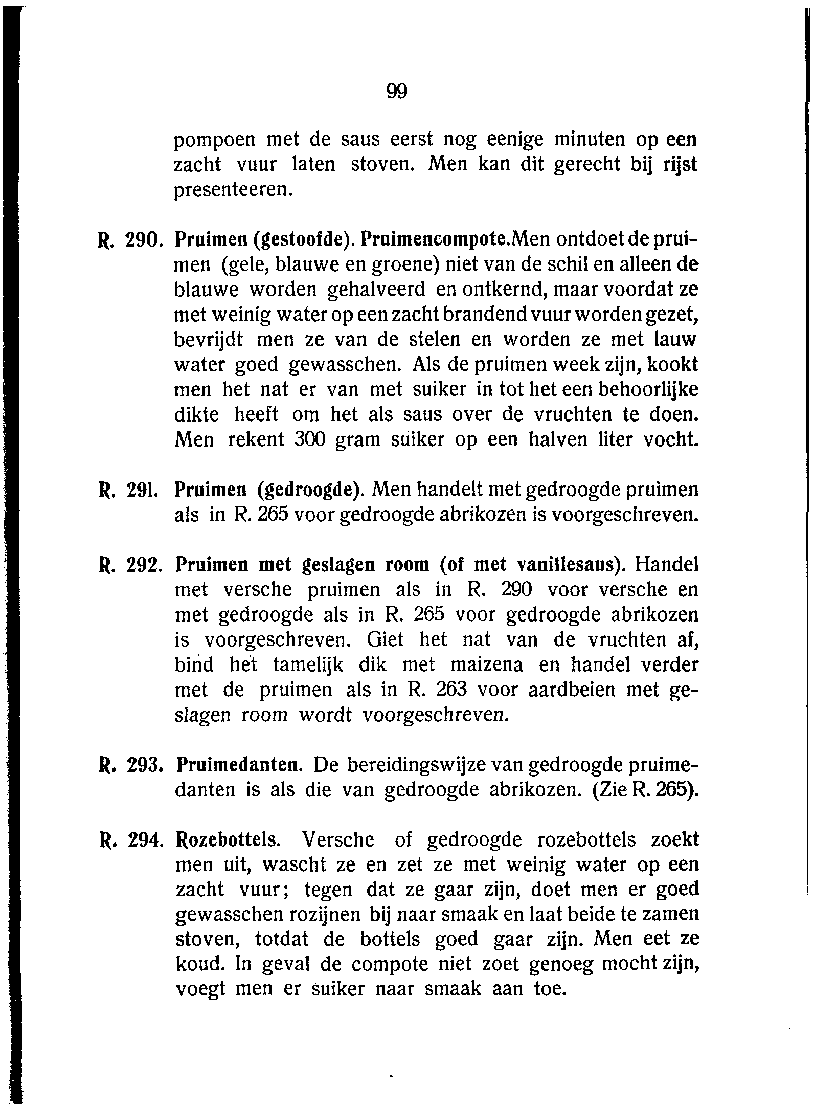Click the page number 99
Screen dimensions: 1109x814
click(x=396, y=91)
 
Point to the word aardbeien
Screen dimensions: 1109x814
click(x=565, y=691)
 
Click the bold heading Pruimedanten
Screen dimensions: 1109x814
click(x=238, y=766)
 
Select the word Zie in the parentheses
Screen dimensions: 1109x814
click(x=612, y=791)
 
